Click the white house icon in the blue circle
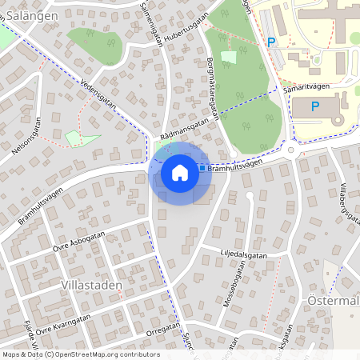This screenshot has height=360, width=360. [180, 172]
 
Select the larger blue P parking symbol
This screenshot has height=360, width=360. [314, 106]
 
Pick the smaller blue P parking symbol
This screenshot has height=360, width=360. [271, 42]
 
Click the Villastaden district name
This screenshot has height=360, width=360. [90, 284]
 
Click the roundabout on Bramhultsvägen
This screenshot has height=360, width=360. [291, 150]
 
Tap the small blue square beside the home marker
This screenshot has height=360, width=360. [202, 167]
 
